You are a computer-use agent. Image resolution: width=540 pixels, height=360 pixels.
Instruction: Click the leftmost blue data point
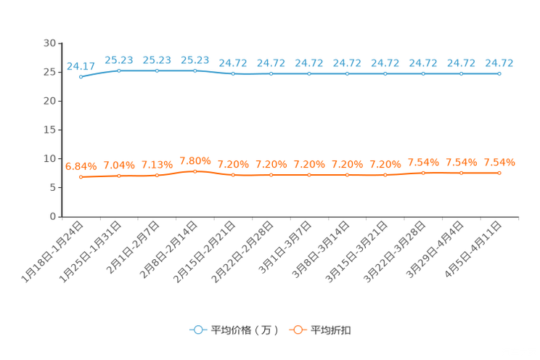pyautogui.click(x=81, y=76)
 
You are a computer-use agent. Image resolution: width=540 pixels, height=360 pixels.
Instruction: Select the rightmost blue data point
pyautogui.click(x=499, y=73)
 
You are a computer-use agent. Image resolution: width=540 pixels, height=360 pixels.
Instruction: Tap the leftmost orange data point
pyautogui.click(x=81, y=176)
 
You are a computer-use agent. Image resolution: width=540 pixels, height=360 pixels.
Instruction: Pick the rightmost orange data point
pyautogui.click(x=499, y=172)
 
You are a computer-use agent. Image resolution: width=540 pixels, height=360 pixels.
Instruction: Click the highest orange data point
pyautogui.click(x=195, y=171)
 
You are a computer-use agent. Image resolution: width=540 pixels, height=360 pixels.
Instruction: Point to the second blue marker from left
pyautogui.click(x=118, y=70)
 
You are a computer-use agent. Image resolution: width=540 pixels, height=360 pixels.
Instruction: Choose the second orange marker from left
pyautogui.click(x=118, y=175)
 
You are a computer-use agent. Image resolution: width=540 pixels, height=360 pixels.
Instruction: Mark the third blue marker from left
pyautogui.click(x=157, y=70)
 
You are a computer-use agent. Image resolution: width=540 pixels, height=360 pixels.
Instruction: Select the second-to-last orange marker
pyautogui.click(x=461, y=172)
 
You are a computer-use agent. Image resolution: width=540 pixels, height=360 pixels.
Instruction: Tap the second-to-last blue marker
pyautogui.click(x=461, y=73)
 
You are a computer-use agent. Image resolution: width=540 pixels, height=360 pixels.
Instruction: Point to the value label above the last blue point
pyautogui.click(x=499, y=63)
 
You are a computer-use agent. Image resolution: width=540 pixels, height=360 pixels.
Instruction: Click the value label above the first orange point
pyautogui.click(x=80, y=165)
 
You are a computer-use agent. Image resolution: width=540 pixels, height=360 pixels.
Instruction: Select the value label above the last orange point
pyautogui.click(x=499, y=161)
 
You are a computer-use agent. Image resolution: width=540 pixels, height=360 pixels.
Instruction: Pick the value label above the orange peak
pyautogui.click(x=195, y=160)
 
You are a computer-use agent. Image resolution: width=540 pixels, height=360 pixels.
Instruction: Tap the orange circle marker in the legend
pyautogui.click(x=297, y=330)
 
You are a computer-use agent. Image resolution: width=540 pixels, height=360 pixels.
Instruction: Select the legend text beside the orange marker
pyautogui.click(x=332, y=330)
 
